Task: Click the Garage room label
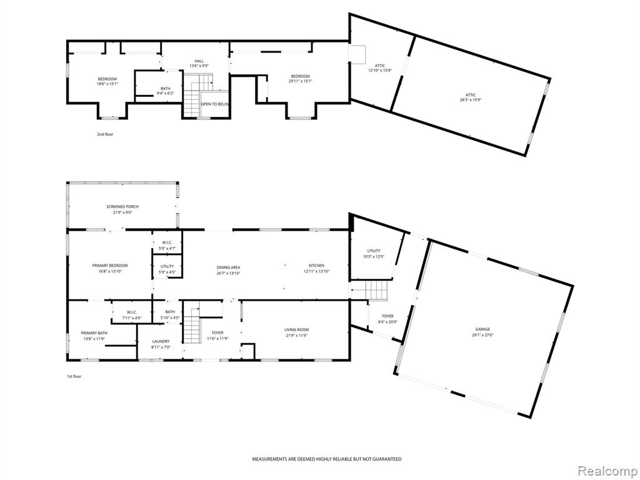482,329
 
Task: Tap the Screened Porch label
122,207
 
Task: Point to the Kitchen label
316,266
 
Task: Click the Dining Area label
228,267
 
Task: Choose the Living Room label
297,330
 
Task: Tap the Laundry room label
161,342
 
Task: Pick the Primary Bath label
94,333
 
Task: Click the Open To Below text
215,104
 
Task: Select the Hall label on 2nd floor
199,61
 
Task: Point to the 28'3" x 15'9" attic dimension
470,100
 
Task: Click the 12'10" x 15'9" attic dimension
380,71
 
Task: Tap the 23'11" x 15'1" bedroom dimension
300,81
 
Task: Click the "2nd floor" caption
105,134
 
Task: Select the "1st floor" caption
74,377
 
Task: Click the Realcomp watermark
607,471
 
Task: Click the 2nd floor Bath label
165,89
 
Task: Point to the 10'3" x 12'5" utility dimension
374,257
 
